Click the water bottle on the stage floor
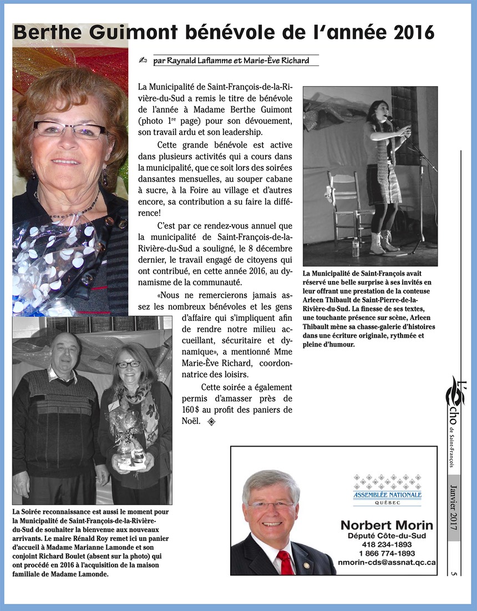click(356, 248)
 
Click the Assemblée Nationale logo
click(387, 489)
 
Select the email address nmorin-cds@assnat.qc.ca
click(387, 562)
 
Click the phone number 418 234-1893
click(387, 545)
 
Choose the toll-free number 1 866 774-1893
click(387, 553)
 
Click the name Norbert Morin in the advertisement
click(387, 525)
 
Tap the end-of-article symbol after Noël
click(211, 422)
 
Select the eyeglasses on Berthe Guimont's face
click(69, 130)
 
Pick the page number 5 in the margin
click(454, 573)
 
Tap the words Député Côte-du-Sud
click(387, 536)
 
